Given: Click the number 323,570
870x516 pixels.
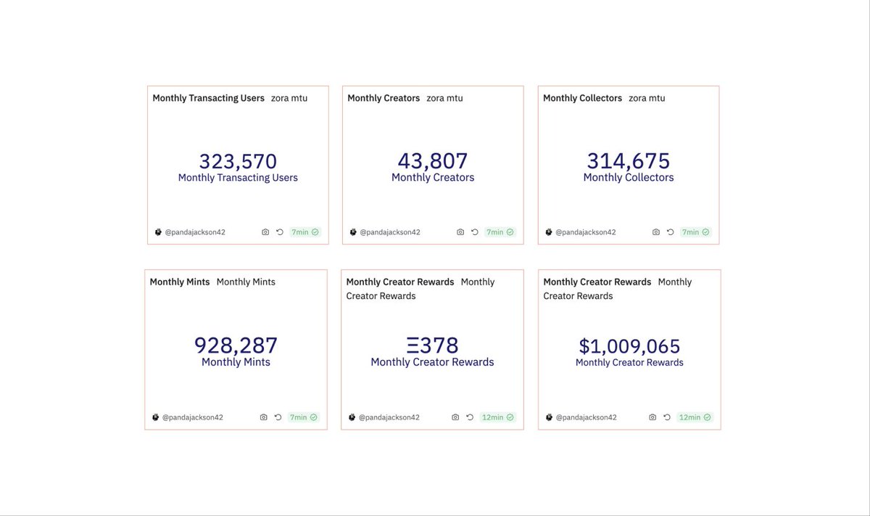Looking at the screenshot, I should pos(238,161).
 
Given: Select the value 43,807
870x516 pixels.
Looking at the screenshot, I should pos(433,161).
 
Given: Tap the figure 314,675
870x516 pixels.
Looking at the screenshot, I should pos(629,161).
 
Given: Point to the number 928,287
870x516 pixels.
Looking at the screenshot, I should pos(236,345).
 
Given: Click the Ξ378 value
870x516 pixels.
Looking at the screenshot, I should pos(432,345).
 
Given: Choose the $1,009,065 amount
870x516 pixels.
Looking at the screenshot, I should pos(629,345).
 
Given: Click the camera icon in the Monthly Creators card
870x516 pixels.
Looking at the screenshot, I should pos(460,232).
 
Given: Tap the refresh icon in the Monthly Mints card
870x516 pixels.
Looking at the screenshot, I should pos(278,417).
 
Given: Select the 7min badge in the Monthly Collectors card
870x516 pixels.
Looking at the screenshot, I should pos(695,232).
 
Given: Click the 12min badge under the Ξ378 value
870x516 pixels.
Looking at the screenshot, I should pos(498,417).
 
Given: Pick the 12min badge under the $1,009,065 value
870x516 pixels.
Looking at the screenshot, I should pos(695,417).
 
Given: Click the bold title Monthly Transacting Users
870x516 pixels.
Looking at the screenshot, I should pos(208,98).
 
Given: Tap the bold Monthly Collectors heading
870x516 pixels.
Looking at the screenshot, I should pos(582,98).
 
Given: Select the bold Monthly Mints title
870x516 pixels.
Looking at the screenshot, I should pos(180,282).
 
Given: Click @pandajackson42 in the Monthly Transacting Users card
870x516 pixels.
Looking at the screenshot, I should pos(195,232).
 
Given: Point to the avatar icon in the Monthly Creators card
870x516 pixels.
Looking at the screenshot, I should pos(353,232).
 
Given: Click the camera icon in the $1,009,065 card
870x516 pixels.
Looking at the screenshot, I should pos(652,417).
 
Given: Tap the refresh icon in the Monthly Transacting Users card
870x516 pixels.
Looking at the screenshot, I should pos(279,232).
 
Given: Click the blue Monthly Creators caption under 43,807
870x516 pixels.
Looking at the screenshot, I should pos(433,178).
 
